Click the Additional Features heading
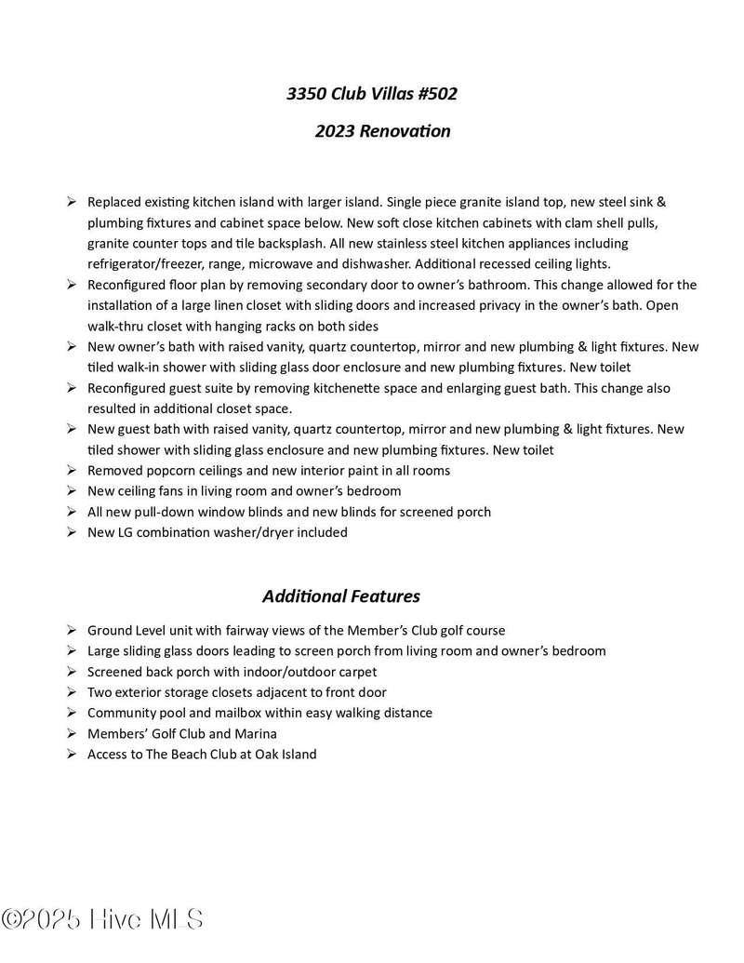click(x=340, y=595)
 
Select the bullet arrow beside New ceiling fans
click(x=72, y=491)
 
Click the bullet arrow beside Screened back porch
click(x=72, y=672)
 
